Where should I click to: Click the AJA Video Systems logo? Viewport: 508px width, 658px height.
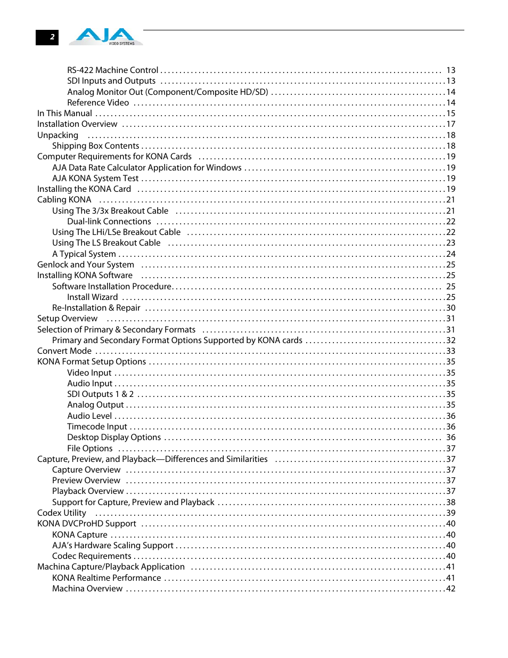click(109, 36)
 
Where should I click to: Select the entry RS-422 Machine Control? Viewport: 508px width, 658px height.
click(113, 70)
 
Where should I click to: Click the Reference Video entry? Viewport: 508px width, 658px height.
click(98, 103)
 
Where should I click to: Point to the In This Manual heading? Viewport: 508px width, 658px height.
click(64, 113)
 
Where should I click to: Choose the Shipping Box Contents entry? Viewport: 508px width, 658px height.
click(96, 146)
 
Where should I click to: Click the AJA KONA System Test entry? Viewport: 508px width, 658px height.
click(95, 178)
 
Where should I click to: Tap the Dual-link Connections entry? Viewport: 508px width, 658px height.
click(109, 222)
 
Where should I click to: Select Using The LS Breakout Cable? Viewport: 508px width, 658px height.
click(106, 243)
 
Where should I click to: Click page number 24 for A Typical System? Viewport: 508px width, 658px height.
click(450, 254)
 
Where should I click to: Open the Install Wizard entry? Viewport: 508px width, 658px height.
click(93, 297)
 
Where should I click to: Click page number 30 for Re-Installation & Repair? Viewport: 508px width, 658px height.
click(450, 308)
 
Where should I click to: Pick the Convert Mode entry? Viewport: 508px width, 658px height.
click(64, 351)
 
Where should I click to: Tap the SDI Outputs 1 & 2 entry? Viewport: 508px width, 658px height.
click(101, 394)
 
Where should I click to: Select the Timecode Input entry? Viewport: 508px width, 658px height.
click(97, 427)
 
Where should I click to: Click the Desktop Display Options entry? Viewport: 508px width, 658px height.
click(114, 437)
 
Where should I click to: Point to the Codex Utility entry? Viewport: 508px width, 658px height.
click(62, 513)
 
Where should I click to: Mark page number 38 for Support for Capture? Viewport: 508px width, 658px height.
click(450, 502)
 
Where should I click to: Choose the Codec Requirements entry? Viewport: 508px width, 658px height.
click(92, 556)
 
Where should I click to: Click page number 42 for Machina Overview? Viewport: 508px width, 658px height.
click(450, 589)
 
